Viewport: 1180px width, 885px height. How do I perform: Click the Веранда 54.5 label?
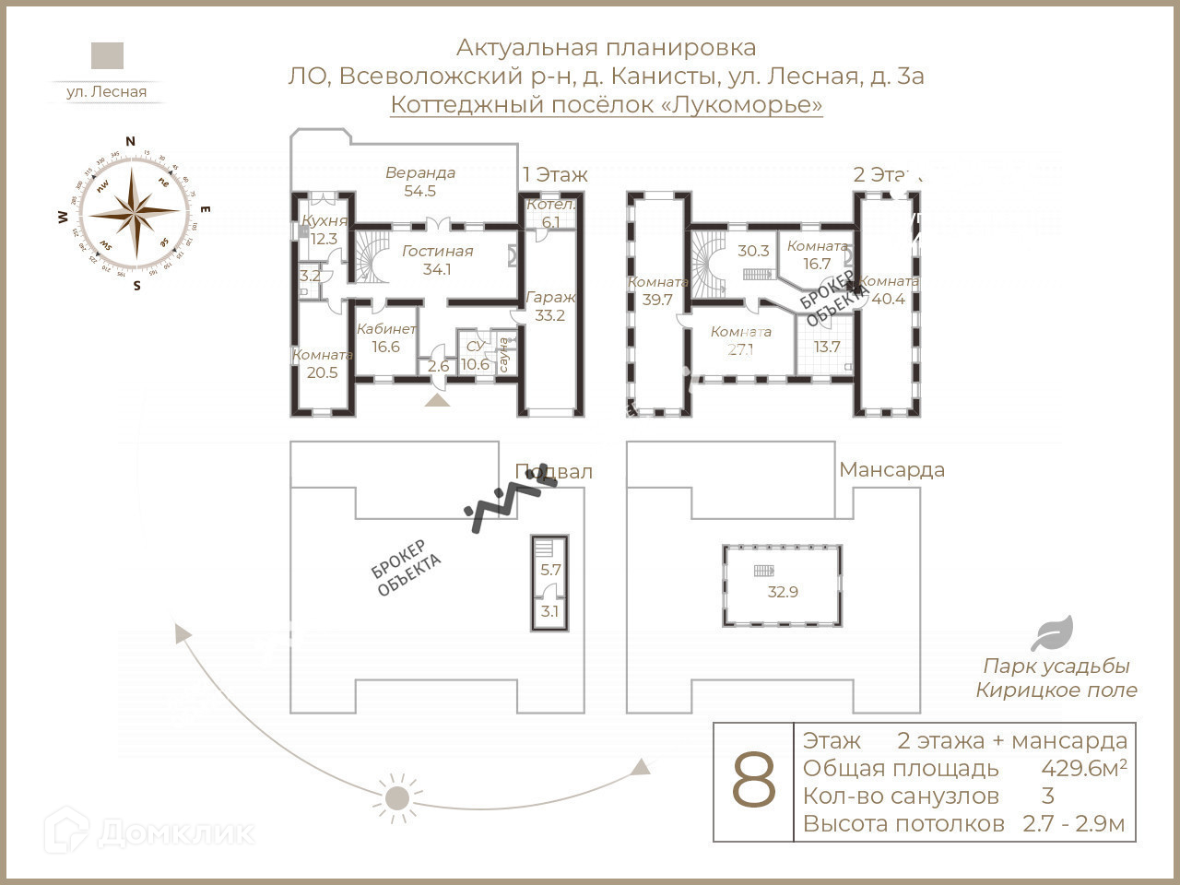pyautogui.click(x=420, y=182)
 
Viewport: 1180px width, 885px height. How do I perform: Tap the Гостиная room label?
pyautogui.click(x=437, y=260)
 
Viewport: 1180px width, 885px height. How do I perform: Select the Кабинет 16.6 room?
pyautogui.click(x=386, y=337)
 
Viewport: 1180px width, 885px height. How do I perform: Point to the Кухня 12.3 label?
pyautogui.click(x=324, y=230)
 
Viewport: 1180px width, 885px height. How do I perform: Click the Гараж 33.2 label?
pyautogui.click(x=550, y=306)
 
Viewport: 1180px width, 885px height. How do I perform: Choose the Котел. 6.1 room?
pyautogui.click(x=551, y=213)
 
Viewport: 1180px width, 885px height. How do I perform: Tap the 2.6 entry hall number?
pyautogui.click(x=439, y=366)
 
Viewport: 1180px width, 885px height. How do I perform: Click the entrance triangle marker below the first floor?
pyautogui.click(x=437, y=399)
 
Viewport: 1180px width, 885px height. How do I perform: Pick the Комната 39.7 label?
pyautogui.click(x=657, y=290)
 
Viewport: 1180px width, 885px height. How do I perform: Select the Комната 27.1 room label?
pyautogui.click(x=741, y=340)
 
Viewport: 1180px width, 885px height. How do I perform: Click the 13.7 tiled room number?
pyautogui.click(x=827, y=347)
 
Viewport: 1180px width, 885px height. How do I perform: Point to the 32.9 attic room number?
pyautogui.click(x=783, y=592)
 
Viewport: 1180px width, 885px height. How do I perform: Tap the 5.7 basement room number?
pyautogui.click(x=550, y=570)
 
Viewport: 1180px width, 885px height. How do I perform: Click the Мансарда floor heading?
pyautogui.click(x=891, y=470)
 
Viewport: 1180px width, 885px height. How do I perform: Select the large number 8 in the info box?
pyautogui.click(x=754, y=782)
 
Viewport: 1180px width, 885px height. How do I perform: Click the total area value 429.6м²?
pyautogui.click(x=1084, y=768)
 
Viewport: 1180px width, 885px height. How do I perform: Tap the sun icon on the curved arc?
pyautogui.click(x=397, y=798)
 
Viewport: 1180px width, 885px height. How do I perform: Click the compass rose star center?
pyautogui.click(x=136, y=212)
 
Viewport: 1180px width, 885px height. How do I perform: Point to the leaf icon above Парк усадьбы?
pyautogui.click(x=1051, y=634)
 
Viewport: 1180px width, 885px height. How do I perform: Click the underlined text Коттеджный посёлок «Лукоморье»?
pyautogui.click(x=607, y=104)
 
